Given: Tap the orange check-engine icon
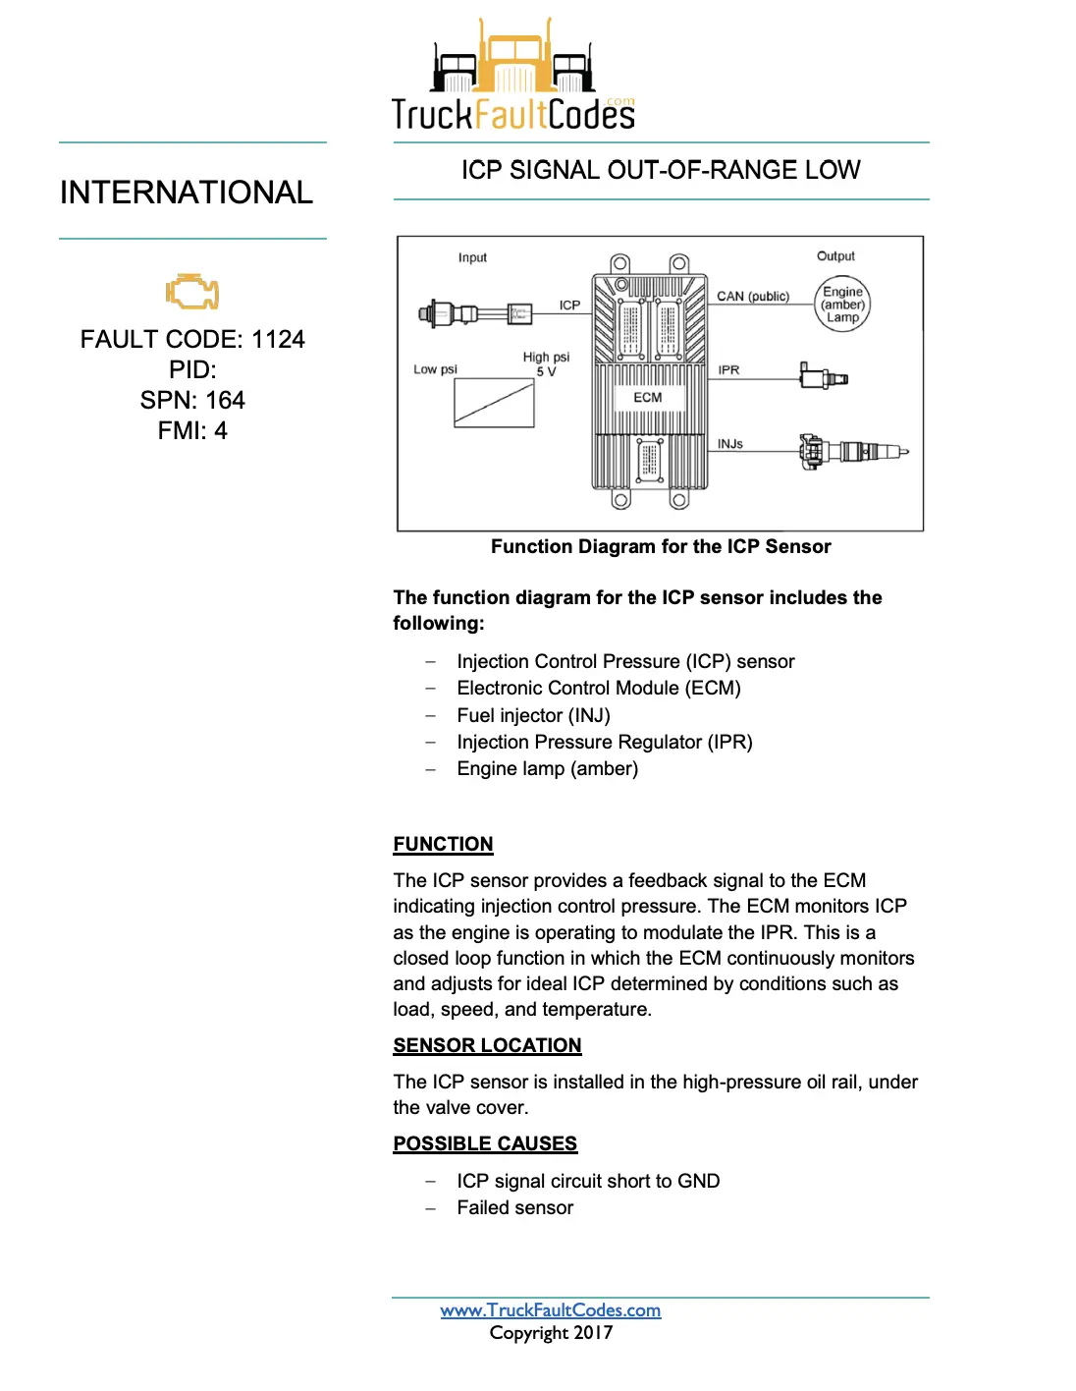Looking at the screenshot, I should point(192,292).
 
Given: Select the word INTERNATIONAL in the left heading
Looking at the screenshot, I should point(187,193).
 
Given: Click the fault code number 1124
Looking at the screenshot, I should point(278,340).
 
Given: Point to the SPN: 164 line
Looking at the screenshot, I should point(192,401).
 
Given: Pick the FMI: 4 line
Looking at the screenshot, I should point(192,431).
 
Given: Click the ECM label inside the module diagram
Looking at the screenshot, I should point(648,398).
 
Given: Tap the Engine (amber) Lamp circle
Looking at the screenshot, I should point(842,305).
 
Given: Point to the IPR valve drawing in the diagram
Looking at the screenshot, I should point(823,377).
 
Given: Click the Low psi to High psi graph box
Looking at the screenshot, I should point(494,404).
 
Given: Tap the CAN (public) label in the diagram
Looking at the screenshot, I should point(753,297).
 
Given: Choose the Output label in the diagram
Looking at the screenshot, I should point(835,256).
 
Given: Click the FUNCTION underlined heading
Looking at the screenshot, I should point(443,845).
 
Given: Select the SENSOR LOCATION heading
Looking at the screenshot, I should point(487,1046).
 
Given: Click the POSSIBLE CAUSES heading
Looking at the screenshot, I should point(485,1144).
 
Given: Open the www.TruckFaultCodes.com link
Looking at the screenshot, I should point(550,1310).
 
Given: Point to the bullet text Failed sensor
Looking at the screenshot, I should point(514,1208).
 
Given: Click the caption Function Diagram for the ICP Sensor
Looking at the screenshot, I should point(661,547).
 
